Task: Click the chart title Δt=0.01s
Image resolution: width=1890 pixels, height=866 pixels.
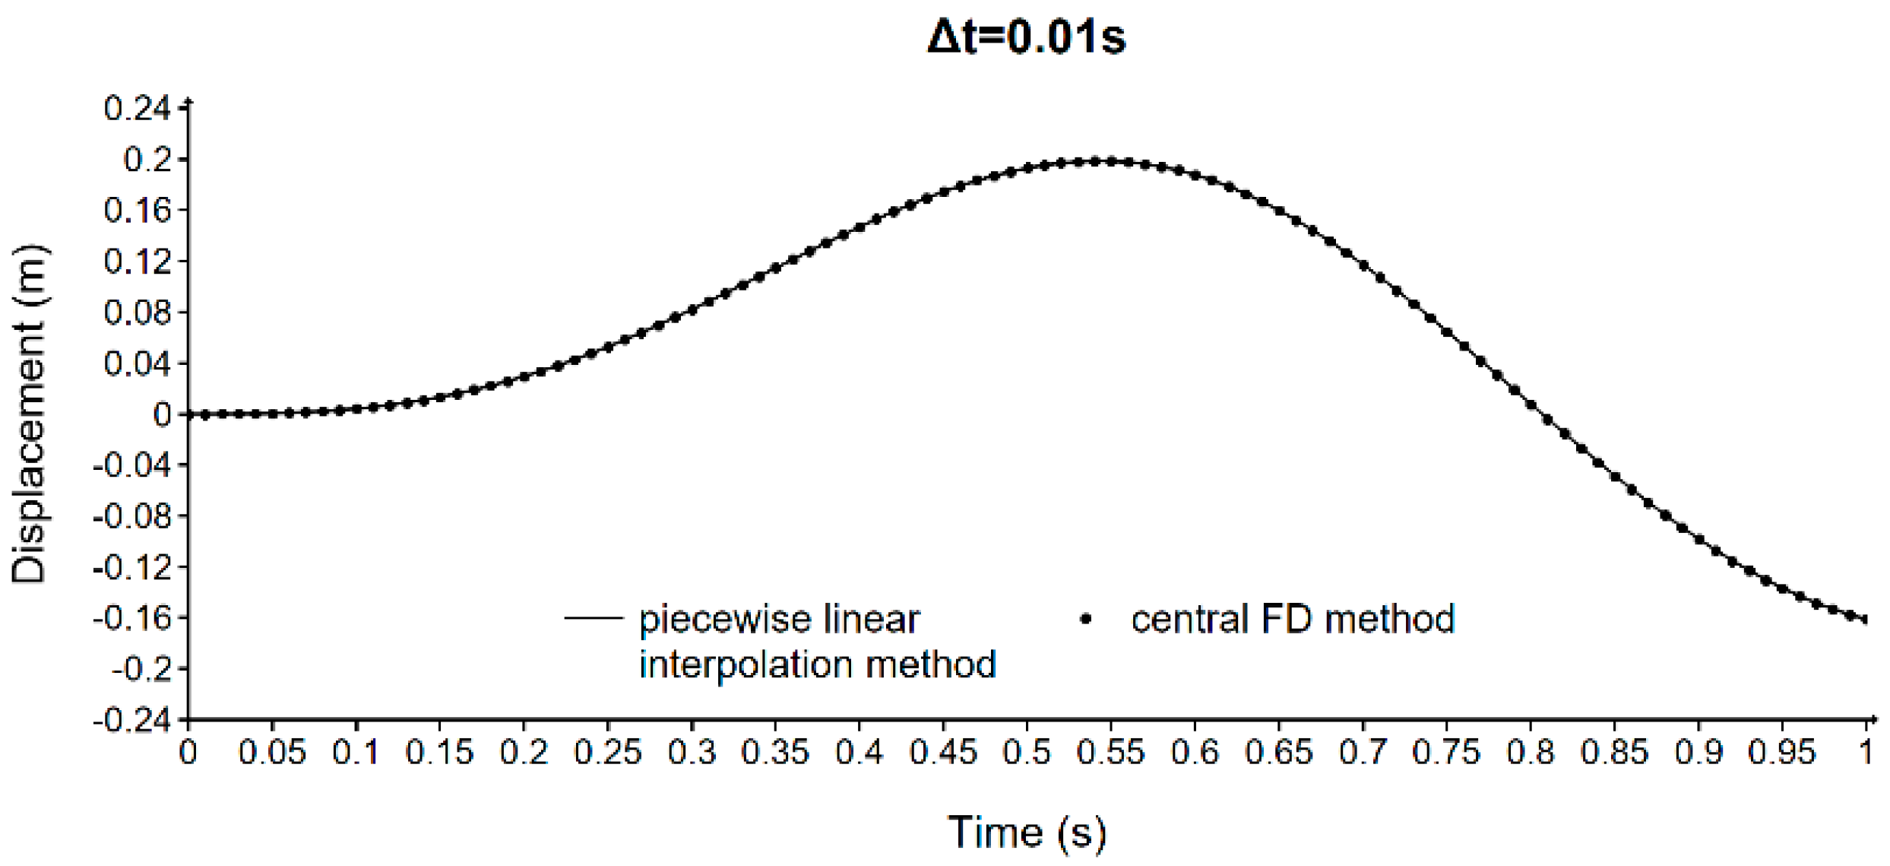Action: pyautogui.click(x=1026, y=36)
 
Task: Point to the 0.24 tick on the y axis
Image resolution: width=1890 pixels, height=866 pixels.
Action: pyautogui.click(x=138, y=109)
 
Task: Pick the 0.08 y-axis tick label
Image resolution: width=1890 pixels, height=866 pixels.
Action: pyautogui.click(x=138, y=312)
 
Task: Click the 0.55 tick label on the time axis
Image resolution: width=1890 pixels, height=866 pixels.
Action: pyautogui.click(x=1110, y=753)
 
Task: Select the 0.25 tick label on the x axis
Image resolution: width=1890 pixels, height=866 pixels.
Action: pyautogui.click(x=607, y=753)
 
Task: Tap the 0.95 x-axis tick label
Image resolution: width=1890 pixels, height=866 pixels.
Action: pyautogui.click(x=1781, y=753)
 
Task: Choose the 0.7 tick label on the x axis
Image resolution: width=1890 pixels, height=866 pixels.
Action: pyautogui.click(x=1363, y=753)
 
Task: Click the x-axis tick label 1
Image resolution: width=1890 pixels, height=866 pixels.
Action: pyautogui.click(x=1866, y=753)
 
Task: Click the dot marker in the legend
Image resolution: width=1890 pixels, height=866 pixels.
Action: pyautogui.click(x=1086, y=620)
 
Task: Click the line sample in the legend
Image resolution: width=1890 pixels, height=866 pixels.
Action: pyautogui.click(x=594, y=617)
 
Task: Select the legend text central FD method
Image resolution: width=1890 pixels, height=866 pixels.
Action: pyautogui.click(x=1292, y=619)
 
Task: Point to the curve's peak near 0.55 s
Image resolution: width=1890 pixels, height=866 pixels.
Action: pyautogui.click(x=1110, y=161)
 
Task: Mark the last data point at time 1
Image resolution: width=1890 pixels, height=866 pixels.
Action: pyautogui.click(x=1866, y=620)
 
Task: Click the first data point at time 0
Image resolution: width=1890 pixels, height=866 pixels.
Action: pyautogui.click(x=188, y=414)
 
